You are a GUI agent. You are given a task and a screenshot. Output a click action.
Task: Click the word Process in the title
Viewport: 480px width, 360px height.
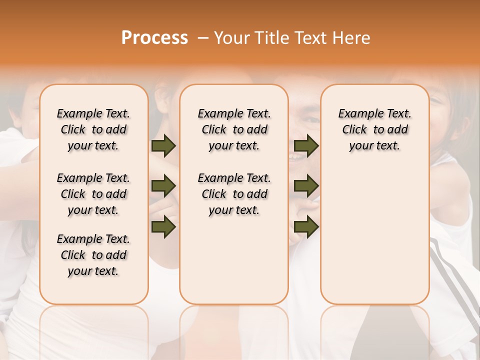(154, 37)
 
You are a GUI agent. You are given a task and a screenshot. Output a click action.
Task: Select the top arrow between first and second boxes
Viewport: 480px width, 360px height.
(163, 146)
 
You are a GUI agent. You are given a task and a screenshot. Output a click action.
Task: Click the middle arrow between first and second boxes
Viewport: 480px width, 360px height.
(163, 186)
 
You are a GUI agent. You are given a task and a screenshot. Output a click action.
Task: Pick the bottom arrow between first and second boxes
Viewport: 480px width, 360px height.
(163, 226)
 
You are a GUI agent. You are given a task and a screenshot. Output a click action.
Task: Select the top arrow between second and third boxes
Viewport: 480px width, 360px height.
(306, 146)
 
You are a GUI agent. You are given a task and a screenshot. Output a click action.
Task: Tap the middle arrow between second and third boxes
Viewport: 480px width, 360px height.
(306, 186)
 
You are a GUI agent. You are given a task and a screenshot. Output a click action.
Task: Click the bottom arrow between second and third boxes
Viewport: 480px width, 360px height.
(306, 226)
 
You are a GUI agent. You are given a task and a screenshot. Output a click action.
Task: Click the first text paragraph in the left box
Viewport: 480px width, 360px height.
(93, 129)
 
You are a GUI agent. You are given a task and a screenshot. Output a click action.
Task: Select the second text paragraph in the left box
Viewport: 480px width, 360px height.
(93, 194)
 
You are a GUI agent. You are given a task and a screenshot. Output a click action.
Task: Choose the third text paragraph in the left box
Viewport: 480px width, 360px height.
(93, 255)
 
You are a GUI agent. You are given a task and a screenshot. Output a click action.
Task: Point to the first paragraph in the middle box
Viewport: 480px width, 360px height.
(234, 129)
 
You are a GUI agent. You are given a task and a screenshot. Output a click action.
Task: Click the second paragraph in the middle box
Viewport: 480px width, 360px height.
(234, 194)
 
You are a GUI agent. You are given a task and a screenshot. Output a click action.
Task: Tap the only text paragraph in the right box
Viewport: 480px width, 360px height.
(374, 129)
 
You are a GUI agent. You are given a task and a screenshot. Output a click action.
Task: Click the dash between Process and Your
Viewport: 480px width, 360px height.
(202, 38)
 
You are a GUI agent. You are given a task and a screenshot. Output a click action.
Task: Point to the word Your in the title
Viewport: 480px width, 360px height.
(232, 37)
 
